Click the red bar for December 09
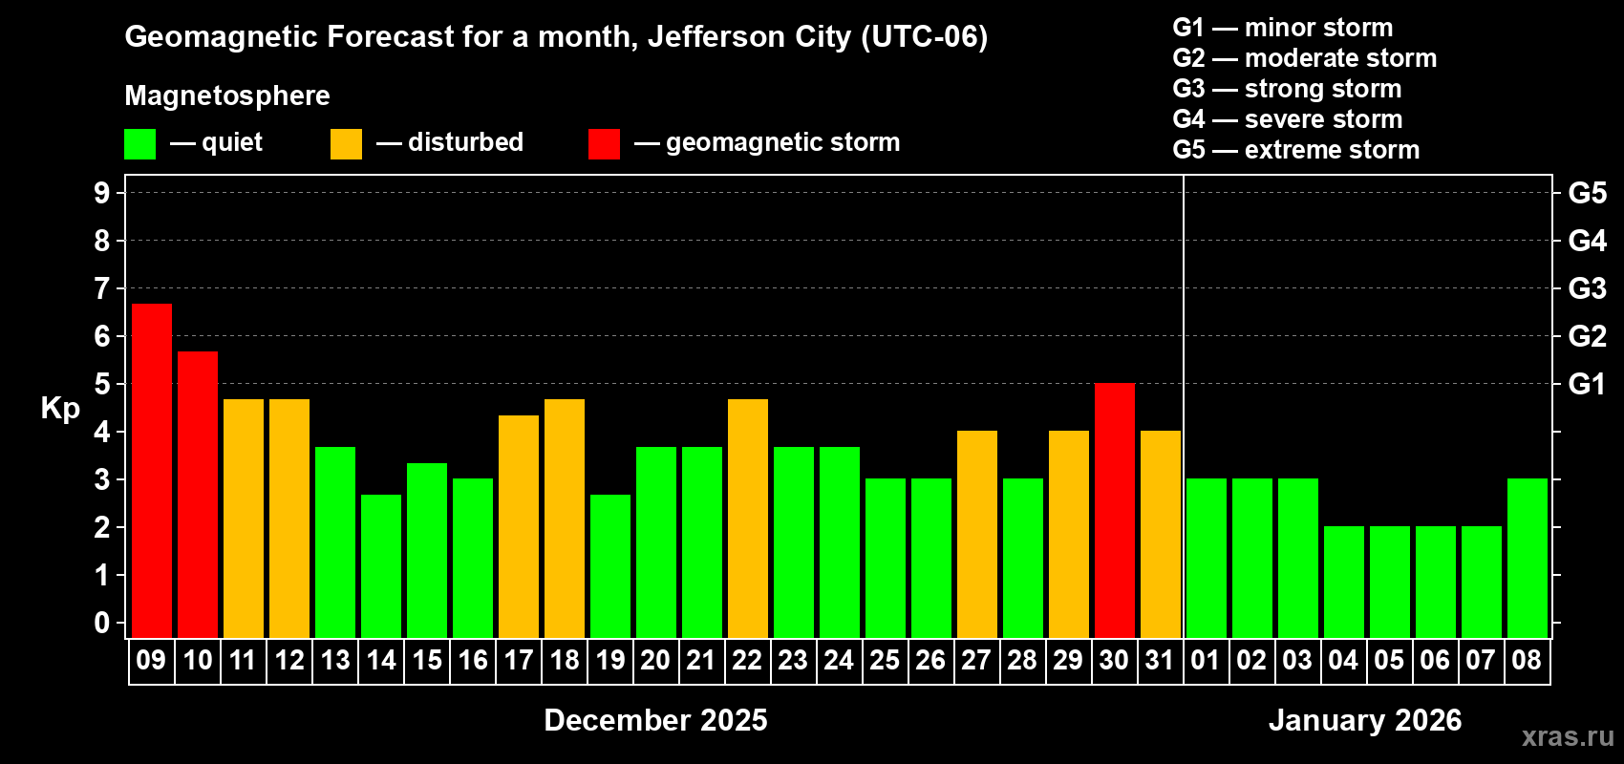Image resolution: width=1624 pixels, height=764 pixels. pos(152,471)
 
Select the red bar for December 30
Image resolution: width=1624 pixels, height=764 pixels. pos(1115,511)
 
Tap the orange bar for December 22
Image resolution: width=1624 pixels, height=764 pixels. pos(748,519)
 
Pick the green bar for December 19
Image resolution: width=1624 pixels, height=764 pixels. pos(610,566)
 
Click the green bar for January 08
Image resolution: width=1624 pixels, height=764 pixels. pos(1528,559)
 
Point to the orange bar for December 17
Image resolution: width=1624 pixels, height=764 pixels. pos(519,526)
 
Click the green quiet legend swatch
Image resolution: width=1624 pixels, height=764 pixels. pos(140,144)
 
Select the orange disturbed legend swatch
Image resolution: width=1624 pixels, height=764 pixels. pos(346,144)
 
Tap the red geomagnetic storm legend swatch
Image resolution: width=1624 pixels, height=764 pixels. pos(604,144)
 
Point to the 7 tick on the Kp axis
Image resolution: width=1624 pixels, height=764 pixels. pos(102,288)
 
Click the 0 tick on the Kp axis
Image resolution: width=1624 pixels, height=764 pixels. pos(102,624)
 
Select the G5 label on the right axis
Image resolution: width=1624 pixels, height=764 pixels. pos(1587,193)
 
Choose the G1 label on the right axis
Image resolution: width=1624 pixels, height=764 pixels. pos(1587,384)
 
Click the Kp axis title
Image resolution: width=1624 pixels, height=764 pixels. pos(60,409)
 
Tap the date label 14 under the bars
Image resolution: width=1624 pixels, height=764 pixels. pos(381,660)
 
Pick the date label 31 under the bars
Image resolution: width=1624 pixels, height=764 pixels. pos(1160,660)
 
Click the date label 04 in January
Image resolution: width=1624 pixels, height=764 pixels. pos(1343,660)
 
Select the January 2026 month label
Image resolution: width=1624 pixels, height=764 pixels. pos(1365,720)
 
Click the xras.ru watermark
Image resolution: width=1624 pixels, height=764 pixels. pos(1568,735)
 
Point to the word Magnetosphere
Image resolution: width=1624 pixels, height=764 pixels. pos(227,95)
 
